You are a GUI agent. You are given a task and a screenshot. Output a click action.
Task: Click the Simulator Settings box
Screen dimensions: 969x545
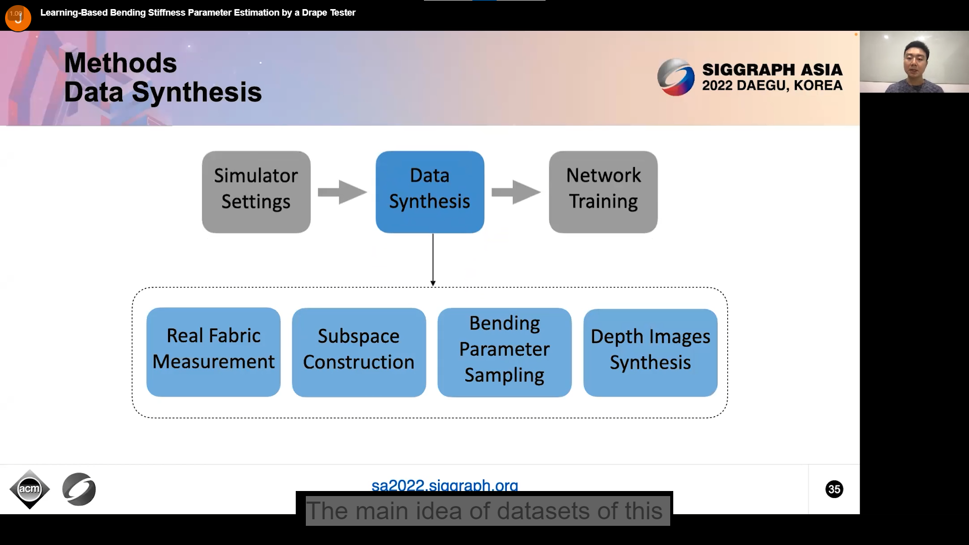coord(256,192)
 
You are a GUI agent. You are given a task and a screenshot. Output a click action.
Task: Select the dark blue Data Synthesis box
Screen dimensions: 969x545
coord(429,192)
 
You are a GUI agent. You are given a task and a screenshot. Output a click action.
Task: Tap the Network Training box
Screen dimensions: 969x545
coord(603,192)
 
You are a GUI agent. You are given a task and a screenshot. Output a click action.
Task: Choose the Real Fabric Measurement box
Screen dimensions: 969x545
coord(213,352)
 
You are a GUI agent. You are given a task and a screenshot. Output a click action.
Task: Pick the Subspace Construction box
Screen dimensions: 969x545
coord(359,352)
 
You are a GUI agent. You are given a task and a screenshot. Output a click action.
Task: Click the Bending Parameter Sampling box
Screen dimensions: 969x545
coord(504,352)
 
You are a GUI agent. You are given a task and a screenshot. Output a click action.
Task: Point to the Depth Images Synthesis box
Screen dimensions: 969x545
coord(650,352)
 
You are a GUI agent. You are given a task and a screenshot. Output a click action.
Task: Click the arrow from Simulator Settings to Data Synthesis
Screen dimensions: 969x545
coord(342,192)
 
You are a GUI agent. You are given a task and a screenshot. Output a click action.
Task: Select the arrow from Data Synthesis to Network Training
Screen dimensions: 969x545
coord(516,192)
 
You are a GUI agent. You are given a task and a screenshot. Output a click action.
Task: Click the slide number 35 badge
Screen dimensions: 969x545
coord(834,489)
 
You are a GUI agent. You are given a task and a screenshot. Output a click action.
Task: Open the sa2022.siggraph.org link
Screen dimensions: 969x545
coord(445,485)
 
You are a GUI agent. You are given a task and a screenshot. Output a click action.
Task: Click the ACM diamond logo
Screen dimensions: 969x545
coord(29,489)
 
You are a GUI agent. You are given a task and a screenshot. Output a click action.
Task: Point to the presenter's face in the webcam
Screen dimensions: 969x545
coord(914,60)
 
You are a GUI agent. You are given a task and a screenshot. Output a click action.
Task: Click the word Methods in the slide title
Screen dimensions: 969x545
coord(121,63)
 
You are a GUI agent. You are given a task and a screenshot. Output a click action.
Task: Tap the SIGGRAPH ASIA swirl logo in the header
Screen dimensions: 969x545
coord(676,77)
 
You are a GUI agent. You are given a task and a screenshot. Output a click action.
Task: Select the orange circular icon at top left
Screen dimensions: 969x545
coord(18,18)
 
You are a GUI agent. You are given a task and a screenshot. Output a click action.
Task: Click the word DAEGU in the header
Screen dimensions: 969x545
coord(762,85)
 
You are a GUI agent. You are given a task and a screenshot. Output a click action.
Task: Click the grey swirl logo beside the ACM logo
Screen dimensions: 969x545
coord(79,489)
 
